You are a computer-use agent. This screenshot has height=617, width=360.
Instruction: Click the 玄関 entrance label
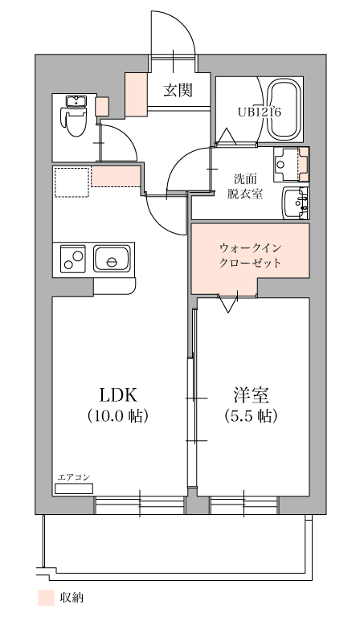click(178, 91)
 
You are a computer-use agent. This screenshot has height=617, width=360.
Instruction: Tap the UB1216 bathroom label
click(260, 112)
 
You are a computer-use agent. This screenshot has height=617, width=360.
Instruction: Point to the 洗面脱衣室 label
click(245, 186)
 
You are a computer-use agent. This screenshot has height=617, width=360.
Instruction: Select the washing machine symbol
click(291, 164)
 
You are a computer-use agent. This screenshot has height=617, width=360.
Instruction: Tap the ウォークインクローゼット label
click(250, 255)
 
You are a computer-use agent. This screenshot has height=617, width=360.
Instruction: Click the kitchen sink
click(112, 259)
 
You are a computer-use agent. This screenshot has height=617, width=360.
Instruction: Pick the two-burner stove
click(73, 259)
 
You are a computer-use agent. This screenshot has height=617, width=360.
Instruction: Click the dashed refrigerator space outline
click(72, 182)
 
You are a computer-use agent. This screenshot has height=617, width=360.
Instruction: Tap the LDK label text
click(118, 395)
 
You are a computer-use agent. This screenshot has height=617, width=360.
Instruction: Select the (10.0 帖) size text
click(117, 415)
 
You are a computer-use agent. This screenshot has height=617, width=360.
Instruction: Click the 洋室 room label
click(251, 395)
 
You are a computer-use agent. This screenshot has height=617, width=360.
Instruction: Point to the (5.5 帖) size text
click(251, 415)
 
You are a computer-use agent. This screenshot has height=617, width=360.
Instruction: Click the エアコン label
click(74, 477)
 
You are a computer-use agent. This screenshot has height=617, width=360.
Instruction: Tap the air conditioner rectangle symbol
click(74, 488)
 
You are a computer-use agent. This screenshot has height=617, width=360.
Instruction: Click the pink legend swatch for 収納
click(46, 598)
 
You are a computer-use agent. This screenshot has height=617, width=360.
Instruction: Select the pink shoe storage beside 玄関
click(136, 95)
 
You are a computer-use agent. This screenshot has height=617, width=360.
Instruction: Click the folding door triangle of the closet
click(228, 304)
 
